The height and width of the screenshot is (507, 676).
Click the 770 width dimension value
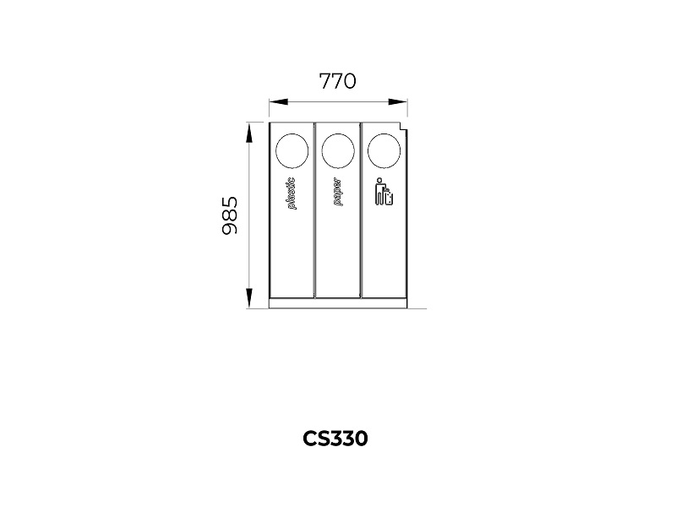coord(337,81)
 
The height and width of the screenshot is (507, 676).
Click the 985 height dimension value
coord(229,215)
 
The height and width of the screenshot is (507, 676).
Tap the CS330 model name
coord(335,439)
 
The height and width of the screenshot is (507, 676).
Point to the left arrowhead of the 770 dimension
coord(279,102)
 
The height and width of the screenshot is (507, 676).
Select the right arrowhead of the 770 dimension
coord(397,102)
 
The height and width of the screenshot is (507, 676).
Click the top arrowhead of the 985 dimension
coord(248,133)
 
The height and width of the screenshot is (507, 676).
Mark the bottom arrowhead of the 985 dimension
coord(248,298)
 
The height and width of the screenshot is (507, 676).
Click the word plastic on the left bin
coord(292,194)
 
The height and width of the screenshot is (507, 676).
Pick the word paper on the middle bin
coord(337,193)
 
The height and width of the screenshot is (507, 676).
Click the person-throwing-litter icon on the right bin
coord(384,192)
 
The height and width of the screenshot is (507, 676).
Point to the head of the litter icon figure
coord(379,180)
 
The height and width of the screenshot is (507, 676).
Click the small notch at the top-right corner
coord(404,127)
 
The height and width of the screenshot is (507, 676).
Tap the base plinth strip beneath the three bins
coord(337,303)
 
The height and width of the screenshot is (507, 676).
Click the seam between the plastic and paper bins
coord(314,210)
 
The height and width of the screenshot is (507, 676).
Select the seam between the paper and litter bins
coord(361,210)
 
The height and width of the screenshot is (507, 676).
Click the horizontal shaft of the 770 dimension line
coord(338,102)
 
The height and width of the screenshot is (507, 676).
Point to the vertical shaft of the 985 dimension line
coord(248,215)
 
